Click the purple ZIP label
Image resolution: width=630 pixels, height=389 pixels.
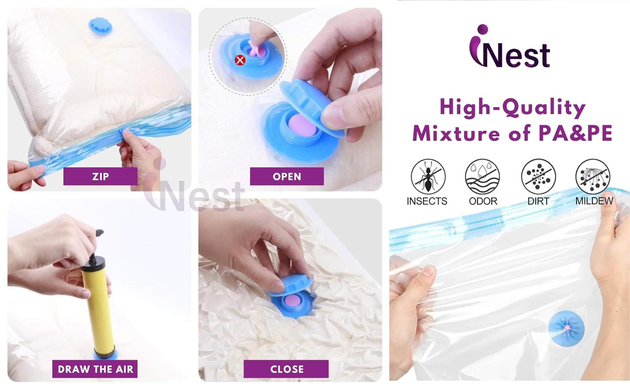pyautogui.click(x=100, y=176)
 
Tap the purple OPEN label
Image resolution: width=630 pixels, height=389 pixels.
pyautogui.click(x=287, y=176)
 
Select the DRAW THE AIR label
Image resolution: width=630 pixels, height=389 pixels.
pyautogui.click(x=95, y=369)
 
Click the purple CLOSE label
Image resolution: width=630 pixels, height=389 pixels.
pyautogui.click(x=286, y=369)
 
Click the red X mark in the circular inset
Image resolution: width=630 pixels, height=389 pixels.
pyautogui.click(x=240, y=60)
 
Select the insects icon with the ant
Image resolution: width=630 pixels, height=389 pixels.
pyautogui.click(x=428, y=176)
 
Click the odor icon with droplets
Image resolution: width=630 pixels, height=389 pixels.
pyautogui.click(x=482, y=176)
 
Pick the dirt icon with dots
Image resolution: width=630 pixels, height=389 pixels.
pyautogui.click(x=538, y=176)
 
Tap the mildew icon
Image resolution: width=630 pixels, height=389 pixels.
pyautogui.click(x=593, y=176)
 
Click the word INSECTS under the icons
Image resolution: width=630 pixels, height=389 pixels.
pyautogui.click(x=427, y=201)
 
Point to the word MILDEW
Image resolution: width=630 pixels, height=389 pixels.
pyautogui.click(x=594, y=201)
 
